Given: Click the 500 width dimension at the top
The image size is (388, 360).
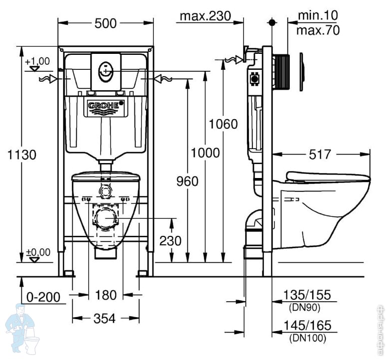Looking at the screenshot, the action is tap(106, 23).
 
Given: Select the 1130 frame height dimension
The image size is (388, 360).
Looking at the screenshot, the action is tap(22, 155).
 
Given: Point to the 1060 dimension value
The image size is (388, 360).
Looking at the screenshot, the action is tap(223, 124).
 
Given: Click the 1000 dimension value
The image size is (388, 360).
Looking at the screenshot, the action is tap(205, 153).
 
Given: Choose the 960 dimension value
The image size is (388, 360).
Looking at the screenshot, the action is tap(187, 181).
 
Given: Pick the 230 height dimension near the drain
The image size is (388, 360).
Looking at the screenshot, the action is tap(170, 240).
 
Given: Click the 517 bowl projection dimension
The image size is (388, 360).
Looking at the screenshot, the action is tap(320, 155).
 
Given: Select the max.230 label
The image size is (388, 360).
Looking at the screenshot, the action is tap(205, 16).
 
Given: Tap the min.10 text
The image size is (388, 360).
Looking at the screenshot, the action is tap(318, 15).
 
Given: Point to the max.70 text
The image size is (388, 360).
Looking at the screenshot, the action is tap(318, 30).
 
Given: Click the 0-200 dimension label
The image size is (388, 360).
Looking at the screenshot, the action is tap(43, 297).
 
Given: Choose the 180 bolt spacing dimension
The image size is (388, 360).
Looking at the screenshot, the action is tap(106, 295).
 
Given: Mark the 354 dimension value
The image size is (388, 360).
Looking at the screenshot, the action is tap(105, 319).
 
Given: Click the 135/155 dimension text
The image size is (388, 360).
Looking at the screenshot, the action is tap(307, 295).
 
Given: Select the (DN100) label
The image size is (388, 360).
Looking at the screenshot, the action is tap(308, 338).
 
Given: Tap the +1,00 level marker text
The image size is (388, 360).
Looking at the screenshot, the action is tap(37, 61).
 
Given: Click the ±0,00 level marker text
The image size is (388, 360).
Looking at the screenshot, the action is tap(38, 252).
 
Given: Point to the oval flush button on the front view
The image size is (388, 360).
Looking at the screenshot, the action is tap(106, 72).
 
